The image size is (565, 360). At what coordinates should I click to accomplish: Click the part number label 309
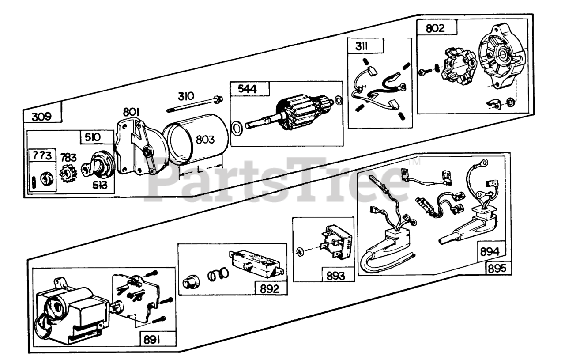pyautogui.click(x=41, y=117)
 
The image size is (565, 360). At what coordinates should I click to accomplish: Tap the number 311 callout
pyautogui.click(x=359, y=46)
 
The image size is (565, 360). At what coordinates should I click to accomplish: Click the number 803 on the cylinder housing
pyautogui.click(x=205, y=140)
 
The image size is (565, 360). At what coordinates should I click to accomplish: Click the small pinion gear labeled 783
pyautogui.click(x=68, y=174)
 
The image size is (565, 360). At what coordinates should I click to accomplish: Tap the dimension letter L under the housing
pyautogui.click(x=200, y=170)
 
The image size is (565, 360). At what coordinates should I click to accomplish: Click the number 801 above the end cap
pyautogui.click(x=132, y=113)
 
